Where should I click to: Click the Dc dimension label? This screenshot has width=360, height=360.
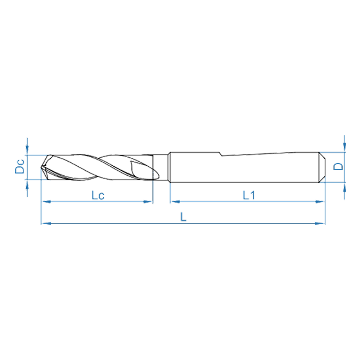(x=19, y=166)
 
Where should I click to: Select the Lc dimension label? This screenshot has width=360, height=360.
(x=98, y=195)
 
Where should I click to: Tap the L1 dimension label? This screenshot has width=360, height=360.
(x=249, y=195)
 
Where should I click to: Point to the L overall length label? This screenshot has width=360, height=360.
(x=183, y=217)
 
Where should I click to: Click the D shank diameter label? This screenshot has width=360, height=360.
(x=338, y=166)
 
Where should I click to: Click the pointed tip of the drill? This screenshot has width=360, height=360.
(x=41, y=167)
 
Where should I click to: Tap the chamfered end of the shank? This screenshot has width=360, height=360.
(x=322, y=167)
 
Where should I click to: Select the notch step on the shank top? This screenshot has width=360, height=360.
(x=221, y=154)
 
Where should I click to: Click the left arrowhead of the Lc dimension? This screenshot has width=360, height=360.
(x=46, y=202)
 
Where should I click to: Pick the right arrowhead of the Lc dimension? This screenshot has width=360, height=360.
(x=148, y=202)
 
